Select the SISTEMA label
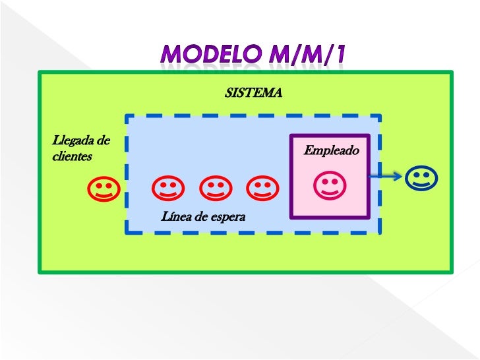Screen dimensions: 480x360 tap(253, 93)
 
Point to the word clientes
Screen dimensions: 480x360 tap(72, 157)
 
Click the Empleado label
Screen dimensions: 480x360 tap(331, 151)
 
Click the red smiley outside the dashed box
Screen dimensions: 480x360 tap(102, 190)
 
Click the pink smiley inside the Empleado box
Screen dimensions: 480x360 tap(328, 185)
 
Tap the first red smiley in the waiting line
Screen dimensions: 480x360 tap(167, 190)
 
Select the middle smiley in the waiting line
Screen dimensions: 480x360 tap(214, 190)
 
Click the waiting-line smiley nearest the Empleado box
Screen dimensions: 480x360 tap(262, 190)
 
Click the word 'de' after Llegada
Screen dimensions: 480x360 tap(103, 140)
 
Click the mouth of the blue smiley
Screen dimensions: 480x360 tap(421, 184)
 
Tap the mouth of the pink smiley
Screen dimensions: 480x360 tap(328, 191)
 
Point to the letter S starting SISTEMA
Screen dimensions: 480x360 tap(228, 93)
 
